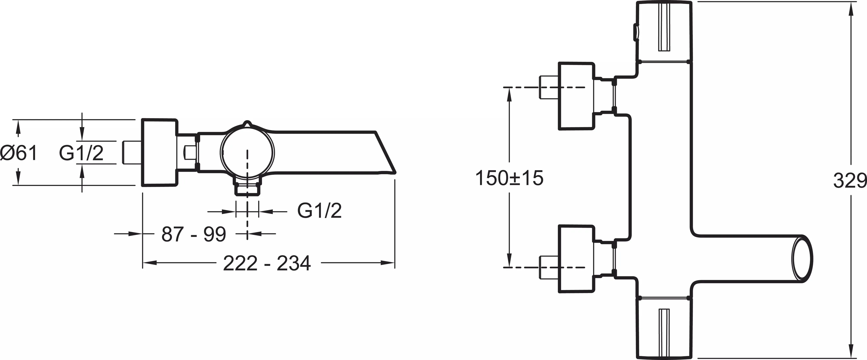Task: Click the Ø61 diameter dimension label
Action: (x=19, y=153)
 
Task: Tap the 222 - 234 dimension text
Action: (x=267, y=263)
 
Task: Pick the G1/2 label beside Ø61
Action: (x=81, y=153)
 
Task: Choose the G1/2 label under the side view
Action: (x=319, y=211)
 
